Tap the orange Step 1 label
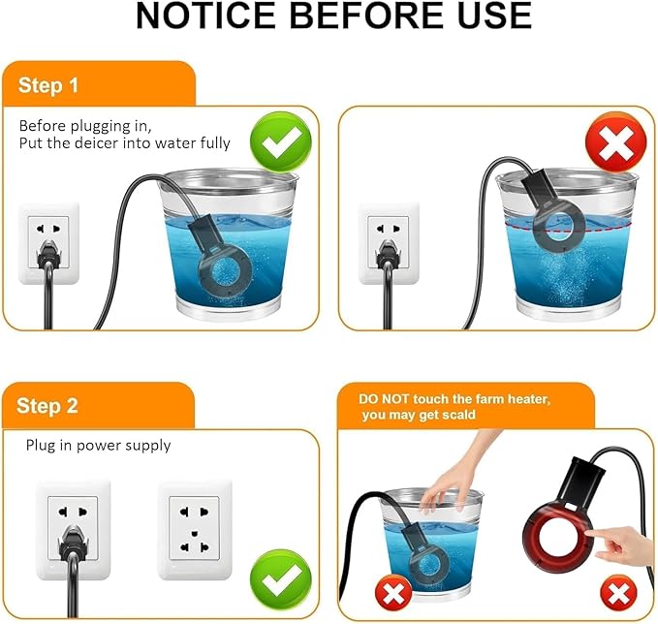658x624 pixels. click(47, 85)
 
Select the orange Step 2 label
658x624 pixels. click(47, 405)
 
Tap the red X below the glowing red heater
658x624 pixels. click(611, 589)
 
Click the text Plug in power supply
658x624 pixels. click(98, 446)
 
